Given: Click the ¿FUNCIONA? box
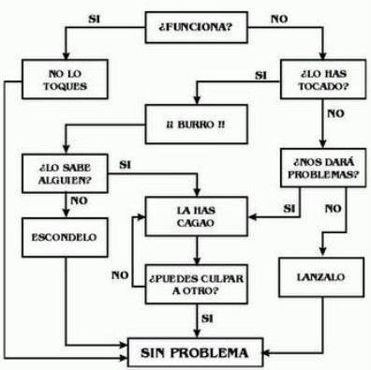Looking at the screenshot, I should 194,27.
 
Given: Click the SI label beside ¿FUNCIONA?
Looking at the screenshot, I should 93,17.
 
